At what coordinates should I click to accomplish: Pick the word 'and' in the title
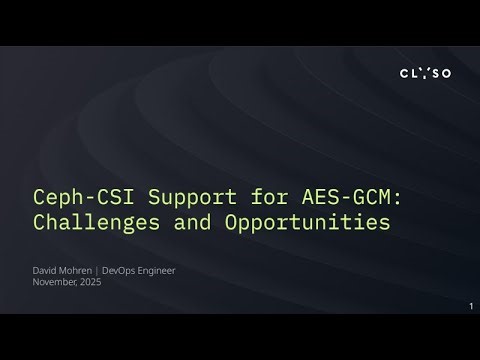[x=189, y=221]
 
